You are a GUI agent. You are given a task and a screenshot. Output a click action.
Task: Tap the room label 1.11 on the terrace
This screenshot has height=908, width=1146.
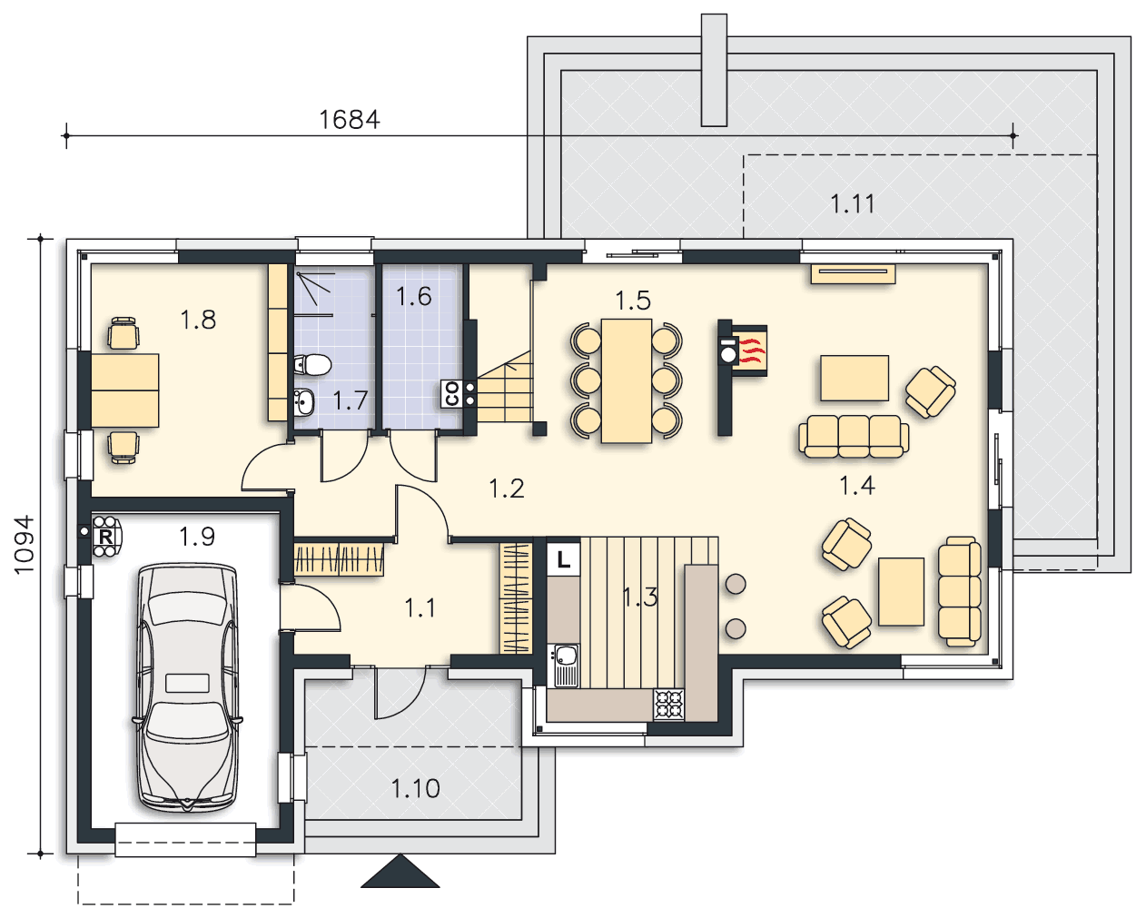click(853, 204)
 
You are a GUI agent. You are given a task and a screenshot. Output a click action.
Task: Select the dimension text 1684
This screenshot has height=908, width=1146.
click(350, 120)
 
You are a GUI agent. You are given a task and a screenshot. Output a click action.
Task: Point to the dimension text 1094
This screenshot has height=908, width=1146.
click(24, 544)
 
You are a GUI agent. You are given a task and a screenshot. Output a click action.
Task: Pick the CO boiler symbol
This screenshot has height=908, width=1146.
click(452, 394)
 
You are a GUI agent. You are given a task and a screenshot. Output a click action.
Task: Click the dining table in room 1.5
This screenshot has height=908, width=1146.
click(627, 380)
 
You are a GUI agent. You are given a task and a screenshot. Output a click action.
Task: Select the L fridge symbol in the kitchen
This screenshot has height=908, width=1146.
click(563, 559)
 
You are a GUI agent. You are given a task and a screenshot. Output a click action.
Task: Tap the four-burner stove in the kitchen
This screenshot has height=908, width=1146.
click(669, 705)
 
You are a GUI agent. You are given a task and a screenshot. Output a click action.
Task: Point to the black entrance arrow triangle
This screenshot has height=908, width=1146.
click(400, 872)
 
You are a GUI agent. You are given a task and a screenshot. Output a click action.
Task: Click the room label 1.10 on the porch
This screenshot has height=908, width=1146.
click(415, 789)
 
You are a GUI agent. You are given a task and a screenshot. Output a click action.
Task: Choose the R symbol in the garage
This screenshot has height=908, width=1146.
click(105, 537)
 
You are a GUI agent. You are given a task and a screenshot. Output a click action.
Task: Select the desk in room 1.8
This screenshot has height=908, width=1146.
click(124, 390)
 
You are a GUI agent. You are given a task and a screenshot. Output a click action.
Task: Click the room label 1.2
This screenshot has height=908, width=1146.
click(507, 489)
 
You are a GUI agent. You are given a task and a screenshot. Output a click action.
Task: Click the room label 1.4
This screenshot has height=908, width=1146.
click(857, 486)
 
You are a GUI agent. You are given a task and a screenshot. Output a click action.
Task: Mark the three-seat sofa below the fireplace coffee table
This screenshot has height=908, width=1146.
click(854, 437)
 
